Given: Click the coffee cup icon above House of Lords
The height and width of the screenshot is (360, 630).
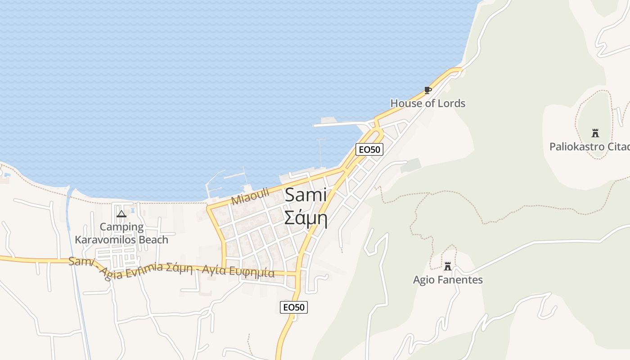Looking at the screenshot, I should (427, 90).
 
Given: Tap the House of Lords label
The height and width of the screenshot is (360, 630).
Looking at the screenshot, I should (427, 103).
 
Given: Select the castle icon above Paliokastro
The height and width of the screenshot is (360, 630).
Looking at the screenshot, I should (595, 133).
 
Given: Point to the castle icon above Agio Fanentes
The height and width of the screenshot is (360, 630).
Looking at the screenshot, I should (447, 266).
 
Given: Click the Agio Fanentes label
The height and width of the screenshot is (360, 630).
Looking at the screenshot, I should (448, 280).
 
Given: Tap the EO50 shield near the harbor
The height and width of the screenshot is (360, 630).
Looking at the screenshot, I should (369, 149).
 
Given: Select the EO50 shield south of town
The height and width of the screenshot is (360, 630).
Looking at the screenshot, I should (294, 307).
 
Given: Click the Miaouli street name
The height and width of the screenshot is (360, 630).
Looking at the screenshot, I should (250, 197).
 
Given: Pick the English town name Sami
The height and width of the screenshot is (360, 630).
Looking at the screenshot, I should (306, 195).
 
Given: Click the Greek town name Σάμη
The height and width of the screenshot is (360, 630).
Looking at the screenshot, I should (305, 218).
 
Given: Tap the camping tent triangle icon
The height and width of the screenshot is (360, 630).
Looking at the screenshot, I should (121, 214).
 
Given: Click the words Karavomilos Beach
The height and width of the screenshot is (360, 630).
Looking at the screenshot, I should (121, 240).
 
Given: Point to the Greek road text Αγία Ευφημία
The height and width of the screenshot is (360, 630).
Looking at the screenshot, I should (238, 271).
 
